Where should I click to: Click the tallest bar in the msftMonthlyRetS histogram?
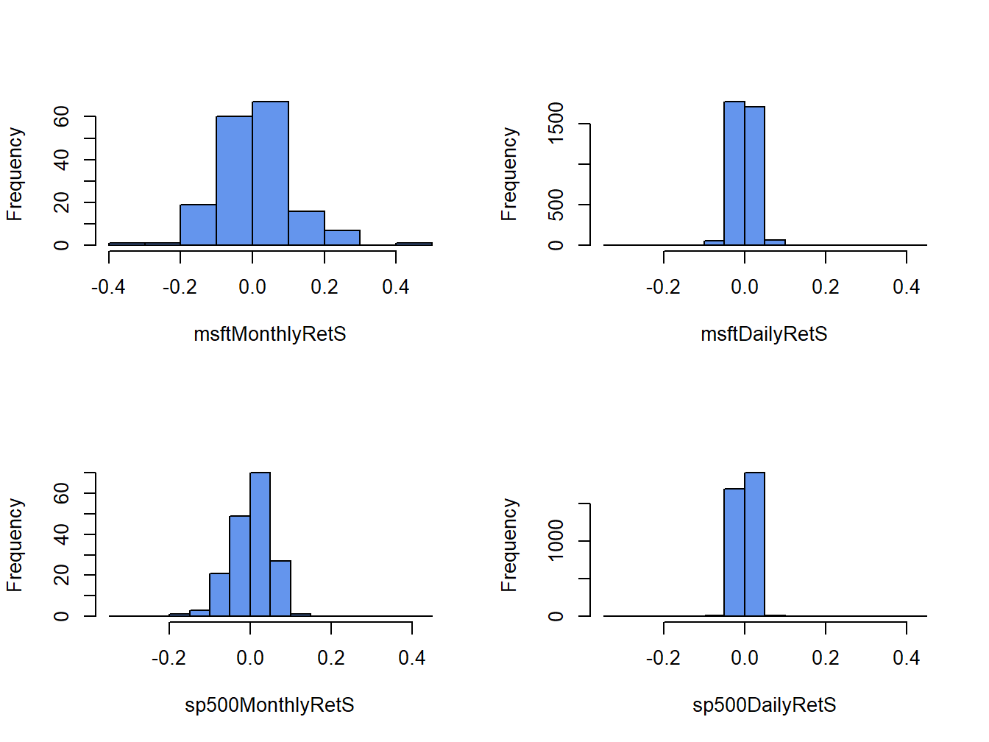[270, 173]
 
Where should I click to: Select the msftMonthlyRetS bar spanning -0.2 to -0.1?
[198, 225]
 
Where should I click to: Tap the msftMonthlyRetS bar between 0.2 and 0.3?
[342, 237]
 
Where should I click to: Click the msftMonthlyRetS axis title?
[270, 334]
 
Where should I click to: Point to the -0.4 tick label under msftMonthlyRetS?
[108, 287]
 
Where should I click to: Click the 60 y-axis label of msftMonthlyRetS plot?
[62, 116]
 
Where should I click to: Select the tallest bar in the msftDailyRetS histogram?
[734, 173]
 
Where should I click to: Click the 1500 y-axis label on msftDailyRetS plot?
[556, 123]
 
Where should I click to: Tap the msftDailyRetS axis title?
[764, 334]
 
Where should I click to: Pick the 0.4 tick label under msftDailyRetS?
[906, 287]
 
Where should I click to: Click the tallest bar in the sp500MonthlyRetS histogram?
[260, 544]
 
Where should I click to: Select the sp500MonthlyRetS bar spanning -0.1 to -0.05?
[219, 594]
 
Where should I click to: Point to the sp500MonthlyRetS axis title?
[269, 705]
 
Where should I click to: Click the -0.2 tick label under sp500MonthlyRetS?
[169, 658]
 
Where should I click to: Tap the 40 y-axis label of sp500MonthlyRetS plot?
[62, 534]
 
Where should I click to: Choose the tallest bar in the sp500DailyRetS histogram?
[754, 544]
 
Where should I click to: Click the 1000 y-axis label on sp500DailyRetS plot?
[556, 540]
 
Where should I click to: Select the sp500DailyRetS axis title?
[764, 705]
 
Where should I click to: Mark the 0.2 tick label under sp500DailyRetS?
[825, 658]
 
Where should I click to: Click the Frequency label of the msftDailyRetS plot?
[509, 174]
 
